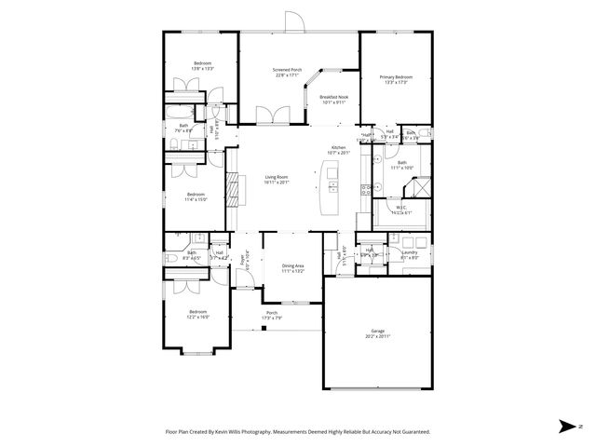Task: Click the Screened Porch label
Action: pos(285,69)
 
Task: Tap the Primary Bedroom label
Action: pos(395,76)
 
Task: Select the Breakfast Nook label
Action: pos(332,97)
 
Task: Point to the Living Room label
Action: pos(276,177)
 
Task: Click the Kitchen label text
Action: pos(337,148)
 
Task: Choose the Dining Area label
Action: pos(293,266)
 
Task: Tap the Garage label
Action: pos(377,331)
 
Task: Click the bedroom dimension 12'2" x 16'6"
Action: pos(197,317)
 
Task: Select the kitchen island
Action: pos(330,185)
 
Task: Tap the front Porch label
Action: pos(272,313)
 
